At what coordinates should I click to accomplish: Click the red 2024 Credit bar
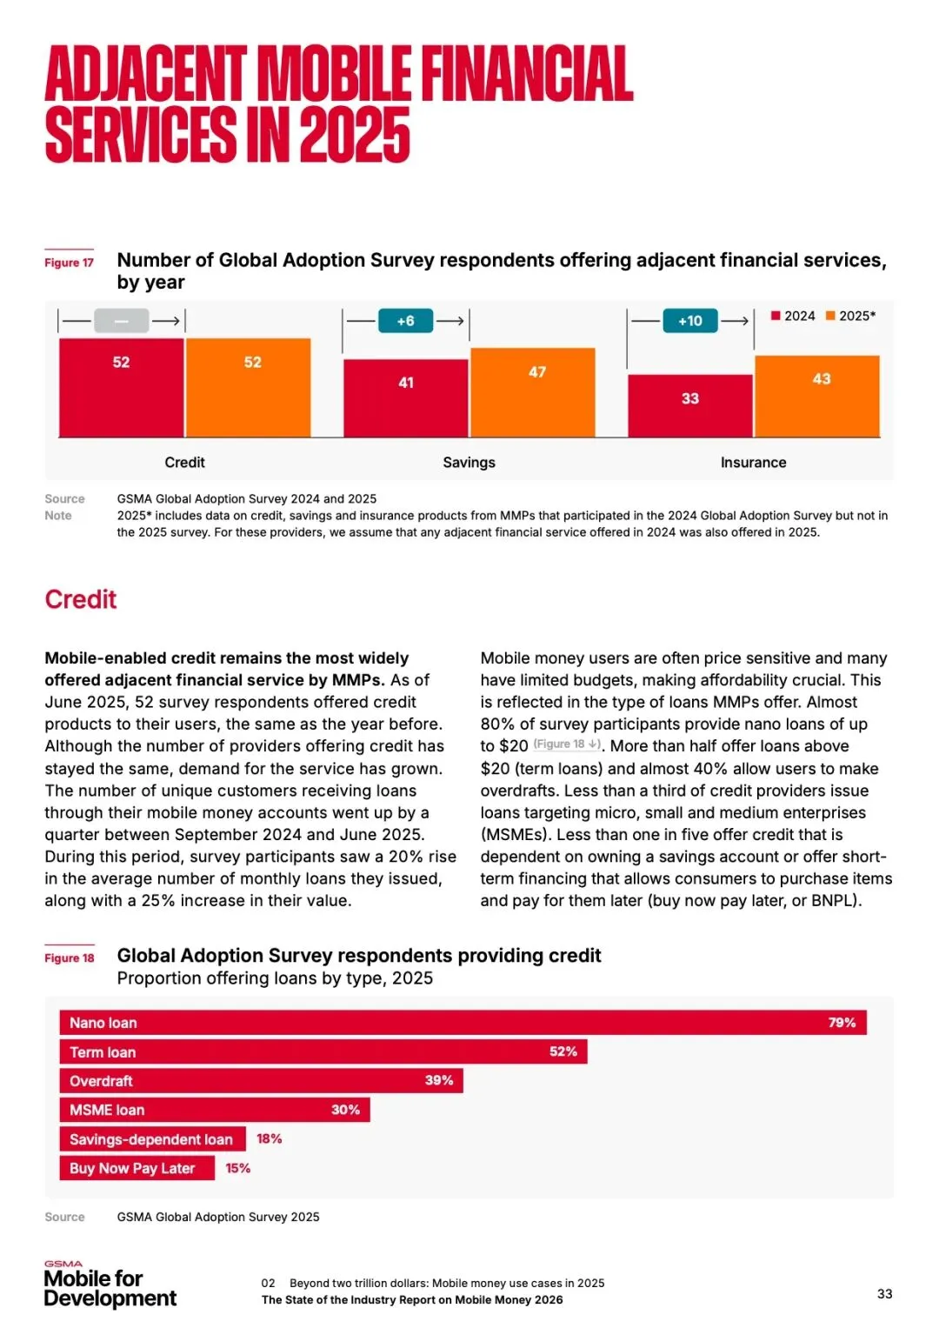click(121, 387)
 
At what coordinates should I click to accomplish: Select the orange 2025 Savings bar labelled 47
click(533, 392)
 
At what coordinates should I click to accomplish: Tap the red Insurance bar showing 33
click(689, 405)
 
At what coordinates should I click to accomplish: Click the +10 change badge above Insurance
click(690, 321)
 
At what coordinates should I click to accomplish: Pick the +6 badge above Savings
click(405, 321)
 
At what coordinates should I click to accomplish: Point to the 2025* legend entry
click(851, 316)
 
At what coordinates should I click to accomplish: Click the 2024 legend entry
click(793, 316)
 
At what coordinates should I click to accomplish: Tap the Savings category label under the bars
click(469, 463)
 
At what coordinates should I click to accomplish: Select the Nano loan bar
click(463, 1023)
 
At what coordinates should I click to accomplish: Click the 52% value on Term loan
click(563, 1051)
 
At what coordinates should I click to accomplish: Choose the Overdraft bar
click(261, 1081)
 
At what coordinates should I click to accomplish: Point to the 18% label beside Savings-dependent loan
click(269, 1138)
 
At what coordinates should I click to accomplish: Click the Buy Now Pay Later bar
click(137, 1168)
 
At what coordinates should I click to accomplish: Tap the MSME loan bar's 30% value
click(345, 1110)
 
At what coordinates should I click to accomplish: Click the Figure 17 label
click(70, 263)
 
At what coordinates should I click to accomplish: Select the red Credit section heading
click(81, 599)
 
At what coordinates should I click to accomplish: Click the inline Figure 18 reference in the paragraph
click(567, 744)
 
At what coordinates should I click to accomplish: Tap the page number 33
click(884, 1294)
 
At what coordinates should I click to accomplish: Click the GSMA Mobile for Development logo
click(110, 1285)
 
